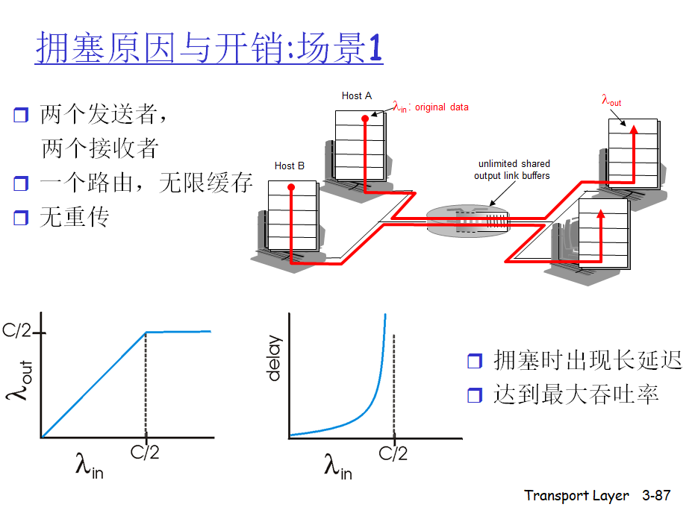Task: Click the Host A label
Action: [357, 95]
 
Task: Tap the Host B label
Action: [290, 166]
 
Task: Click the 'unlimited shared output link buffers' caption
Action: [513, 170]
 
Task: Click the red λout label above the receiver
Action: [611, 101]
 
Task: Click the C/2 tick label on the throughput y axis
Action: [16, 331]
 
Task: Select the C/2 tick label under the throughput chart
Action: [145, 452]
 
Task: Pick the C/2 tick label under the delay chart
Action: [393, 453]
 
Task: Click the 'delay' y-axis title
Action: [274, 359]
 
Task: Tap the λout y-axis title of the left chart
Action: [19, 381]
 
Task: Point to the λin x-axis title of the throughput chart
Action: [89, 468]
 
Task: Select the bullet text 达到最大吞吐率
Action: [576, 394]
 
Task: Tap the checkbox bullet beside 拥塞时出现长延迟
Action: [475, 362]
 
